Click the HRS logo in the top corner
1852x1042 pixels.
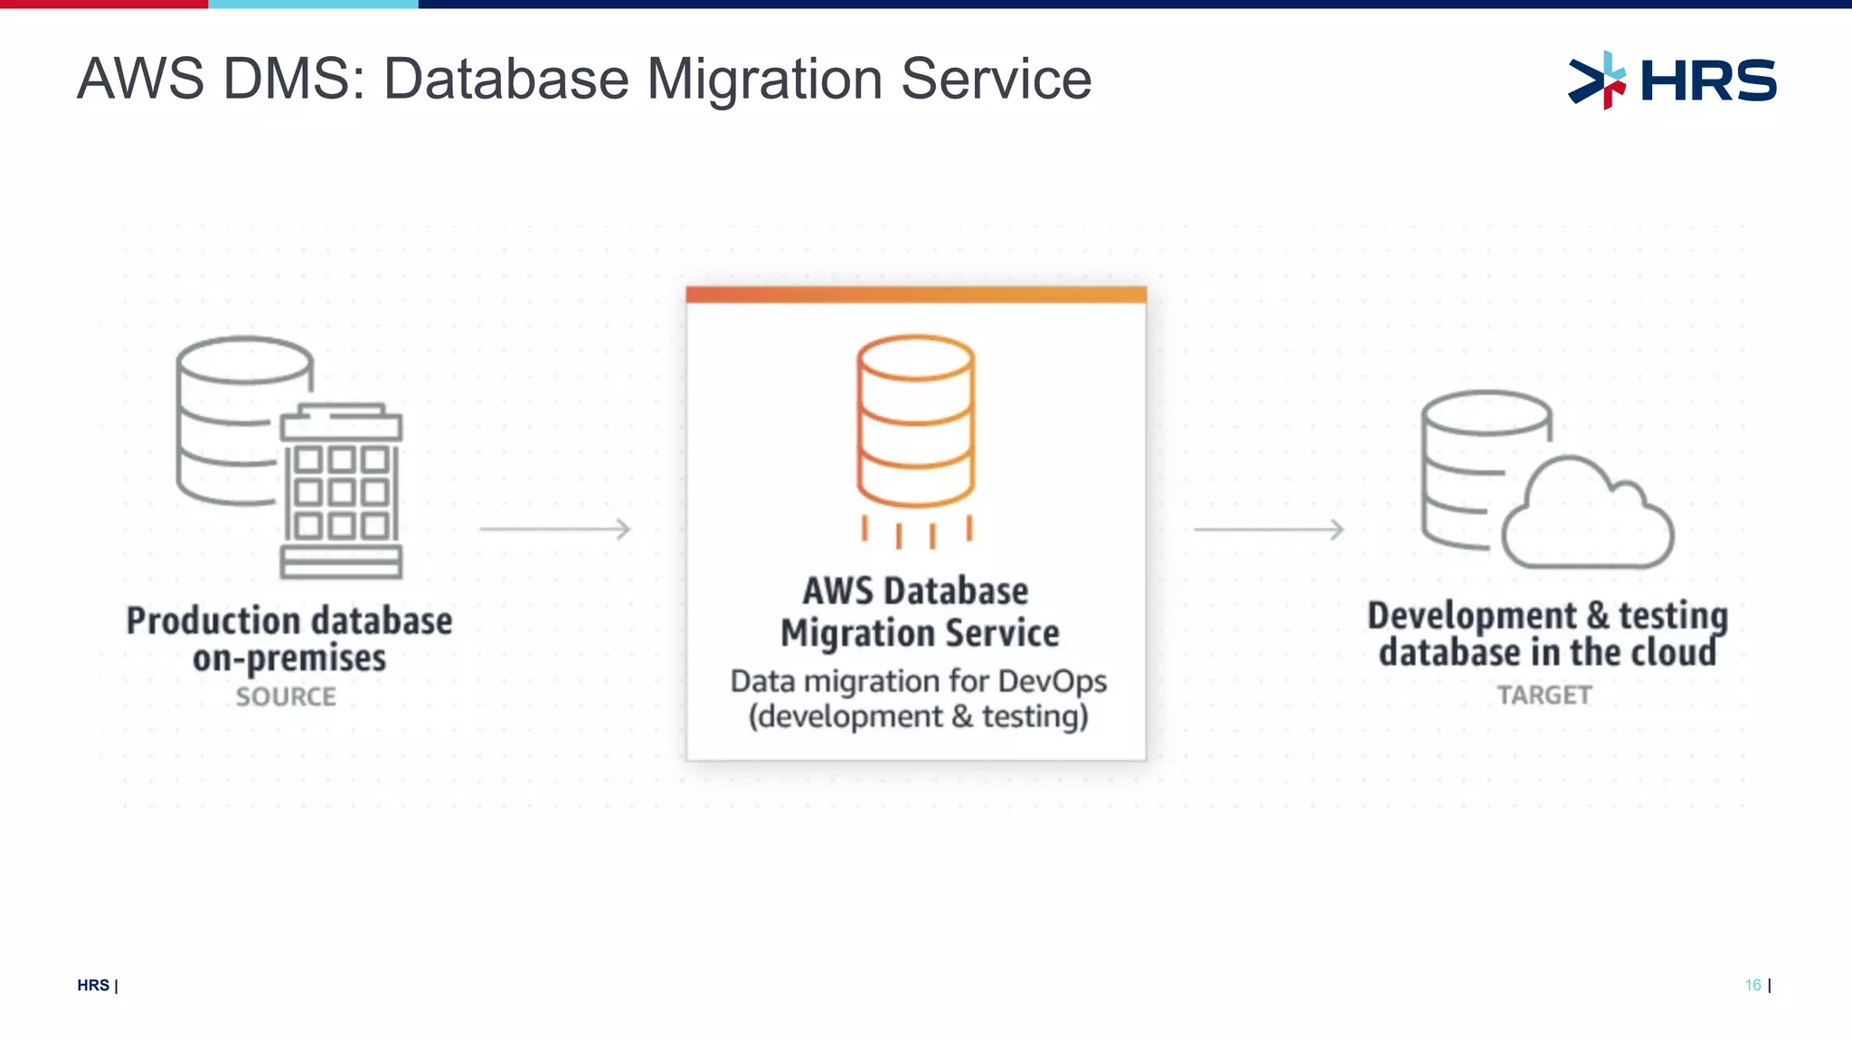1673,80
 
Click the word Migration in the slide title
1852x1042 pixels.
764,80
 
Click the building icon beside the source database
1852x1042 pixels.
341,493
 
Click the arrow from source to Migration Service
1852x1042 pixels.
555,529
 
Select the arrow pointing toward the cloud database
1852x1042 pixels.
1270,529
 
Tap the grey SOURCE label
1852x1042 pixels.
286,696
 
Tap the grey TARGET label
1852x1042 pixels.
1544,695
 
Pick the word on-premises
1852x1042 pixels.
289,658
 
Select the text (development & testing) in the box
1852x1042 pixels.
918,716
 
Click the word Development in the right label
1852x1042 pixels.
1471,616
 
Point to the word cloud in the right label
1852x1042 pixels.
1673,653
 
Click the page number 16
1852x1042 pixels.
1753,985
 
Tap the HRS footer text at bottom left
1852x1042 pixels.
93,985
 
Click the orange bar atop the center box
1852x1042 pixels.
915,295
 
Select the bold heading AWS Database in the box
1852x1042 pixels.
915,592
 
